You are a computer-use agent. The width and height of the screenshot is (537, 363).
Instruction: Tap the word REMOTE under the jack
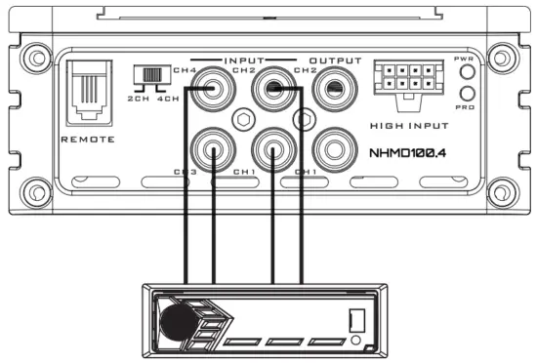click(x=87, y=140)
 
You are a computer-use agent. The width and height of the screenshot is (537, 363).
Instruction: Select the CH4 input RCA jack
click(x=212, y=96)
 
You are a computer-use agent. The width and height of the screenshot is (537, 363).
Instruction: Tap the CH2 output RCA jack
click(x=335, y=96)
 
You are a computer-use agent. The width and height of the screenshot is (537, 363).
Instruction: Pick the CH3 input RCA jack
click(x=212, y=151)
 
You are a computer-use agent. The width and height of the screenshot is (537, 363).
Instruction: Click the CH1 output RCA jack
click(x=335, y=151)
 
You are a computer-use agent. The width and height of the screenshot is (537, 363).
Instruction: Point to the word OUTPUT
click(x=335, y=60)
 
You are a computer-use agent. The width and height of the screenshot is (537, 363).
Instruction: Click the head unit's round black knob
click(x=176, y=320)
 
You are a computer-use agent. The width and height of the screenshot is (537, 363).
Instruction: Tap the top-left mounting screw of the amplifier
click(x=35, y=58)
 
